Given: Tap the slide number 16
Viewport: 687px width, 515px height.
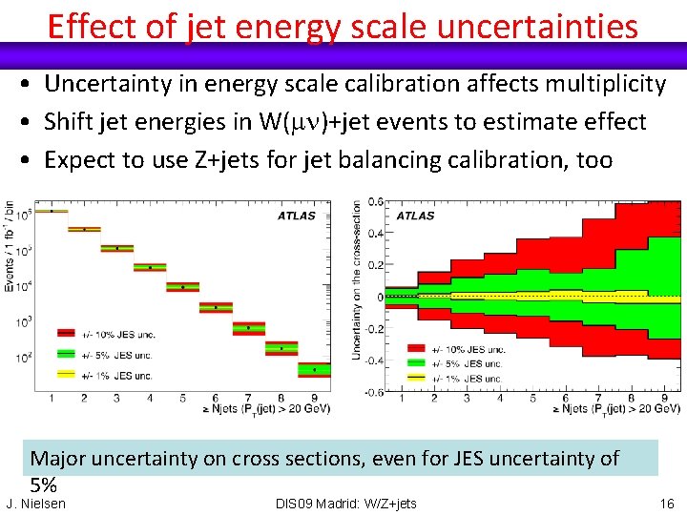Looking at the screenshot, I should click(666, 503).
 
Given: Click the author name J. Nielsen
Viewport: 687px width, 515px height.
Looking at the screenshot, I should click(36, 503).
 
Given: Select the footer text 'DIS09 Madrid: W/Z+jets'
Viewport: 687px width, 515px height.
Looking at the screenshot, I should click(345, 503).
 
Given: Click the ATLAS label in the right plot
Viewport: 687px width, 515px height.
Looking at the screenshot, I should click(415, 216).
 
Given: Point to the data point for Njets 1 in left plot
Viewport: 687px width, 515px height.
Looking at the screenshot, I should click(52, 211).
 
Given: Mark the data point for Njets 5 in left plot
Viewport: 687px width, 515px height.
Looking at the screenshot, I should click(182, 286).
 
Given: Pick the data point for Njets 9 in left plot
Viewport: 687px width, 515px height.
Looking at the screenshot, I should click(314, 369).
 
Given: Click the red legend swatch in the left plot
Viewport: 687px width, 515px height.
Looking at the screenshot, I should click(67, 333).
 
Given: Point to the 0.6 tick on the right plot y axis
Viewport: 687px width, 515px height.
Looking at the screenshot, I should click(378, 200).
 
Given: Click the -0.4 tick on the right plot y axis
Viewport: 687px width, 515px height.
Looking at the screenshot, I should click(376, 360).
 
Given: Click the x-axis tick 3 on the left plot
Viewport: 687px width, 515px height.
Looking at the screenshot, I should click(117, 398).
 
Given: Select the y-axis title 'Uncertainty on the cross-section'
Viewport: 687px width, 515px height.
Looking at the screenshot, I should click(357, 279).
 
